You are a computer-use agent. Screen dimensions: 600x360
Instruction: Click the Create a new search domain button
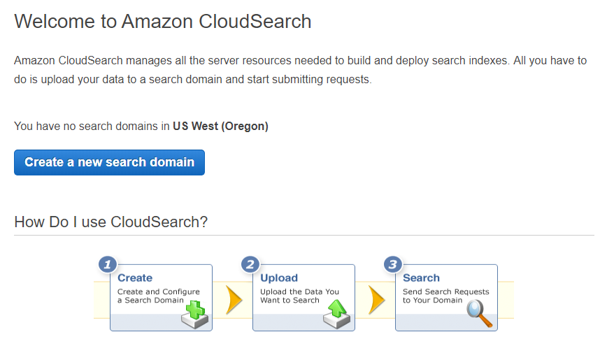[x=109, y=163]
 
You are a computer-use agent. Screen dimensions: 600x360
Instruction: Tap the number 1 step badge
[x=108, y=264]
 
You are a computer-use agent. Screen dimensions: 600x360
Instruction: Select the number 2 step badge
[x=250, y=264]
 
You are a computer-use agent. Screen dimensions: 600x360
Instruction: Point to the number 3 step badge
[x=393, y=264]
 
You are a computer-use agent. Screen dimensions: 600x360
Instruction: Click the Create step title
[x=135, y=278]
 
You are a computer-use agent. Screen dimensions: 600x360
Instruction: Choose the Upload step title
[x=279, y=278]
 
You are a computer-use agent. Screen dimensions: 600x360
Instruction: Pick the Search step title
[x=421, y=278]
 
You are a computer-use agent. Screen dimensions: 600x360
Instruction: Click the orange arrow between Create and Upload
[x=234, y=300]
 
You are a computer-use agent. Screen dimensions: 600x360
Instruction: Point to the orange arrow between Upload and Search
[x=376, y=300]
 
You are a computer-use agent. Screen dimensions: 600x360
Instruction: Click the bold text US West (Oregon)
[x=220, y=127]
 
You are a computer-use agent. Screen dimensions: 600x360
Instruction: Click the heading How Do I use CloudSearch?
[x=111, y=222]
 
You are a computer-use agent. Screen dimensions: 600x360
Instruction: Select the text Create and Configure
[x=159, y=291]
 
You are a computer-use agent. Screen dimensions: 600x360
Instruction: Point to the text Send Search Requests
[x=445, y=291]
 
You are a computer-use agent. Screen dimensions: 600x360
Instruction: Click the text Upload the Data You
[x=299, y=291]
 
